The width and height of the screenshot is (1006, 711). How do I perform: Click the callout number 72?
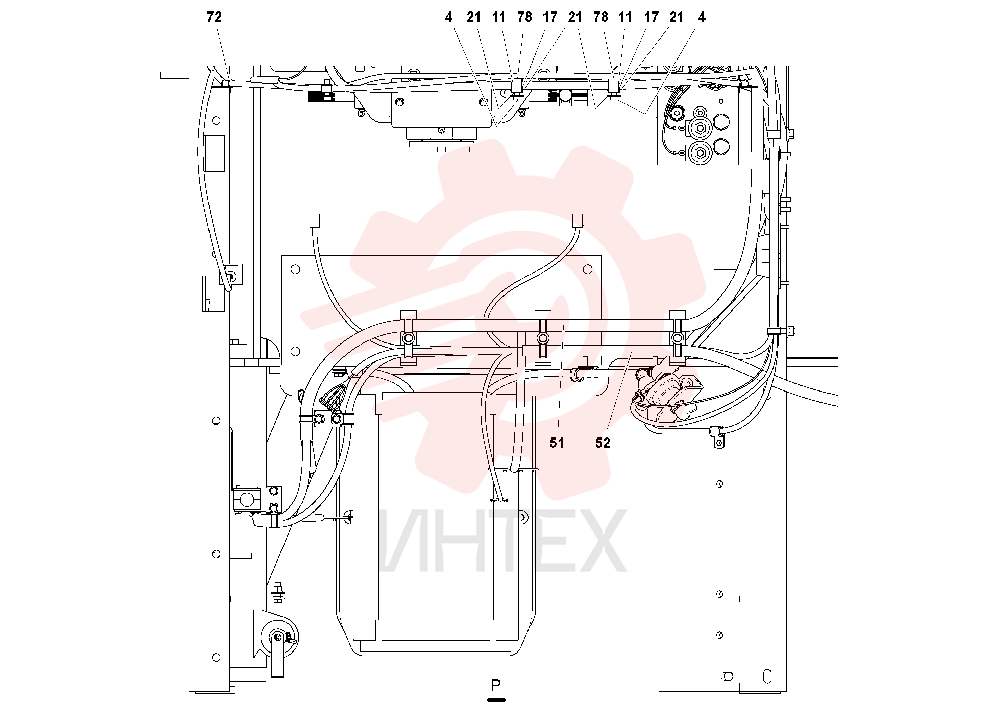pos(214,17)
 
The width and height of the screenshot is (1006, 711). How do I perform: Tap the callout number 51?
pos(557,443)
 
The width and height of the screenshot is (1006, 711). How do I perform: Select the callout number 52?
pos(603,443)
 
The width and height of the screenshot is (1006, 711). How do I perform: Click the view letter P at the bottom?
pos(495,685)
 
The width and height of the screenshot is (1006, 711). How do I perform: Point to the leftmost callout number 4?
pos(448,17)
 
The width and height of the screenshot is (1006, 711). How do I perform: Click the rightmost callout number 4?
pos(702,17)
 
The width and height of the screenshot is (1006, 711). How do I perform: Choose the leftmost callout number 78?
pos(524,17)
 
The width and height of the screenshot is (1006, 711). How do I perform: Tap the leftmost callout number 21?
pos(474,17)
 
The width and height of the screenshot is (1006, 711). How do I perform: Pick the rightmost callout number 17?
pos(651,17)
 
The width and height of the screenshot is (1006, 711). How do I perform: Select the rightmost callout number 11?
pos(625,17)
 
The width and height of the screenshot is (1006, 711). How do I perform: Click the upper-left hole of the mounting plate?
pos(295,269)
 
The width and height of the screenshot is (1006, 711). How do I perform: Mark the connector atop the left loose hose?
pos(315,220)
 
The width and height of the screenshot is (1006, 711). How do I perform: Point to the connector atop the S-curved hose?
pos(578,220)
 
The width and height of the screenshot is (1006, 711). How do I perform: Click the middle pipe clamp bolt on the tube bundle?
pos(542,338)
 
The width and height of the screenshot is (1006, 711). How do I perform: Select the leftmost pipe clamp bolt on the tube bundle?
pos(408,338)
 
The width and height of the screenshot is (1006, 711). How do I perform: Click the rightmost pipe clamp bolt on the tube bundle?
pos(678,338)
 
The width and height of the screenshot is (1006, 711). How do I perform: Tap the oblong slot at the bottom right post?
pos(767,677)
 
